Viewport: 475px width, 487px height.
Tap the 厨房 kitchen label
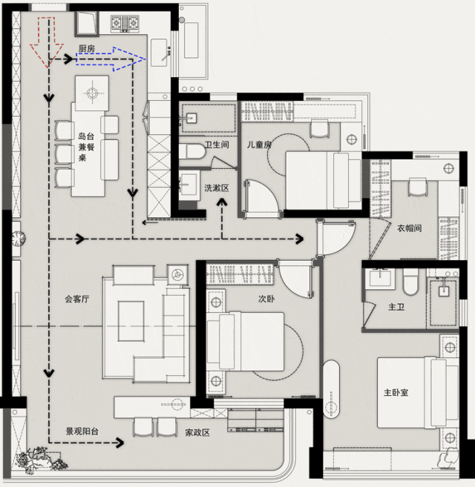(87, 49)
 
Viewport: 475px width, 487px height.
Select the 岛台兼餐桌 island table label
(86, 147)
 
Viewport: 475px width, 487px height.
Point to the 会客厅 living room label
(77, 299)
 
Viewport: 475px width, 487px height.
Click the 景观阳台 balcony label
(82, 431)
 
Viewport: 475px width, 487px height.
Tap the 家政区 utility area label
(197, 433)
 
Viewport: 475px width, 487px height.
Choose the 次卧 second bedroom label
(266, 299)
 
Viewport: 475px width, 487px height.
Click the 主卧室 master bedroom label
(396, 393)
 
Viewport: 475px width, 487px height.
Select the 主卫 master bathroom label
(396, 307)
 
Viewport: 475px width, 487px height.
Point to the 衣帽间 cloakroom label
(410, 228)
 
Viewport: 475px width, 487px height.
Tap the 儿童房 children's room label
(259, 145)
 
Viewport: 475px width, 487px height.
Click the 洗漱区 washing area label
(217, 188)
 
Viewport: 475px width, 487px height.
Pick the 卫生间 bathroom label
(217, 145)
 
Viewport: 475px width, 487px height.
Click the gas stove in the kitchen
(125, 23)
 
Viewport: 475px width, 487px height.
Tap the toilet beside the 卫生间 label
(192, 152)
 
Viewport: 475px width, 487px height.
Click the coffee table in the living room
(131, 321)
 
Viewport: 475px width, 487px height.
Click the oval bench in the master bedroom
(331, 389)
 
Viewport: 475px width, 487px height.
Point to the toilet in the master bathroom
(410, 282)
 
